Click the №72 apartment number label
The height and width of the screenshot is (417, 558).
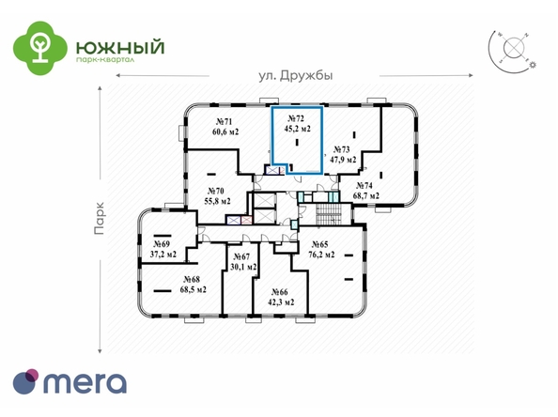tap(296, 119)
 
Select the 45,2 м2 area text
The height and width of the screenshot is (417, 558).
tap(297, 129)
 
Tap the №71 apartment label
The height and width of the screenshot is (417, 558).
tap(225, 122)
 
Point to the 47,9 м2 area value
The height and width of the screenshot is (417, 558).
tap(343, 160)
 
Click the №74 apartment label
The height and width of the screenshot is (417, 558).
tap(364, 186)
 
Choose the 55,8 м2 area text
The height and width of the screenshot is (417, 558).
tap(217, 201)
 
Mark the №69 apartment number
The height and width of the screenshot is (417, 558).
tap(162, 244)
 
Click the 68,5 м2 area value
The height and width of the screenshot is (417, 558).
tap(194, 289)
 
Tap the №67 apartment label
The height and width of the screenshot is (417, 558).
tap(241, 256)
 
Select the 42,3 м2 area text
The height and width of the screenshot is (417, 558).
tap(281, 302)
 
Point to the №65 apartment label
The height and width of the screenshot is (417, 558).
tap(319, 244)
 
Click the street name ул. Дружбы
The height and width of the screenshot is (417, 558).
tap(295, 76)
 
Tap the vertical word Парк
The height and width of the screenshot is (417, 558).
tap(100, 219)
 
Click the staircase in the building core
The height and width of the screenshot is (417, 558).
tap(328, 214)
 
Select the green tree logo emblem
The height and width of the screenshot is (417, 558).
tap(39, 48)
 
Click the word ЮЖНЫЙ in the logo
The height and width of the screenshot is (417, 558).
tap(120, 48)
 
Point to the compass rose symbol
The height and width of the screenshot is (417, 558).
tap(513, 49)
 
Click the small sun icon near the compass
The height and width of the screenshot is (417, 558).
tap(533, 65)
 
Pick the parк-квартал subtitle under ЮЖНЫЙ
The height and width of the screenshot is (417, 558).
tap(105, 60)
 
